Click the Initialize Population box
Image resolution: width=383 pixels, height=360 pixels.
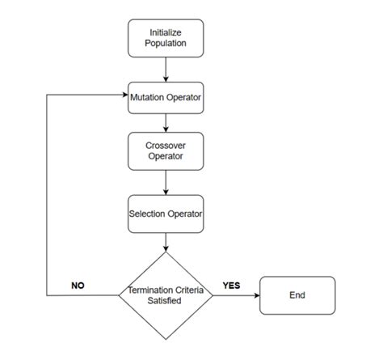[x=166, y=38]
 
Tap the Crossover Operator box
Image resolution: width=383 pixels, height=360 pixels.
[x=166, y=150]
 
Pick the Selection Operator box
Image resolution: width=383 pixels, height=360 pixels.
[x=166, y=214]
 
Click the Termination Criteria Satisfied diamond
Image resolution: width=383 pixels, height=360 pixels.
[x=166, y=295]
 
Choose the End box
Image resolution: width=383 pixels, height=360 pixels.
[x=297, y=295]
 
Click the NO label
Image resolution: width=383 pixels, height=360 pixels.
[x=78, y=286]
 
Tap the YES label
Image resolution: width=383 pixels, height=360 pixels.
[x=231, y=286]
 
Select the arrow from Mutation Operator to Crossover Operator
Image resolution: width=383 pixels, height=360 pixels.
[x=166, y=122]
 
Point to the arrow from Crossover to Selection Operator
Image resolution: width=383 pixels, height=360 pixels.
[x=166, y=183]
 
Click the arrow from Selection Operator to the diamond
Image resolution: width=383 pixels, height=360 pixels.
[x=166, y=240]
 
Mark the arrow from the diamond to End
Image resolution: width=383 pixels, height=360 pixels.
[x=236, y=295]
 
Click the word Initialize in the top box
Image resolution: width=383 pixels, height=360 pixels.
[x=166, y=32]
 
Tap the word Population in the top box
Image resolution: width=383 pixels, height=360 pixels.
[x=166, y=44]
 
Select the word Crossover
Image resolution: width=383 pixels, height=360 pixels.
[x=166, y=145]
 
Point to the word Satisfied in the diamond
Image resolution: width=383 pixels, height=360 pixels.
[x=166, y=301]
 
